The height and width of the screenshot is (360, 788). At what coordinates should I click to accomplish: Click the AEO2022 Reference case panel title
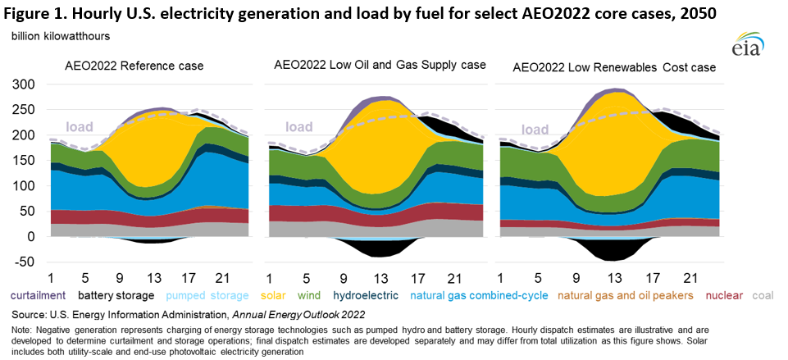134,66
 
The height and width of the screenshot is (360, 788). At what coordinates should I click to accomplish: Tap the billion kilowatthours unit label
62,37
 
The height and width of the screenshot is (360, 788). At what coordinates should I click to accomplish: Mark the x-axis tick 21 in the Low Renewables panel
690,278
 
